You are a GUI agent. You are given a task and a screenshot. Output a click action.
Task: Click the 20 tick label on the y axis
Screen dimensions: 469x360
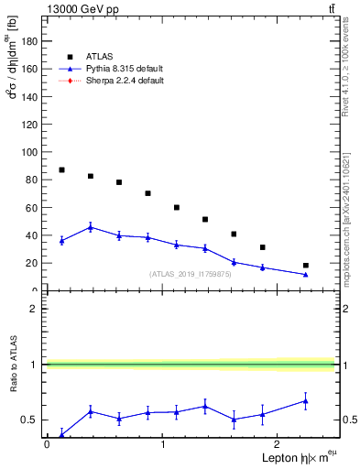click(31, 263)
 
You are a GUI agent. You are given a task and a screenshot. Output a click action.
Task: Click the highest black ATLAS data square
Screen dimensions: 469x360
click(61, 169)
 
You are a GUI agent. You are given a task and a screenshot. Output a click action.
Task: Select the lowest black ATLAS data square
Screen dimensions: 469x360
click(306, 266)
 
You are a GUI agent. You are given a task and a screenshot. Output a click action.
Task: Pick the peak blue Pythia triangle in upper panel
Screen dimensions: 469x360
click(90, 227)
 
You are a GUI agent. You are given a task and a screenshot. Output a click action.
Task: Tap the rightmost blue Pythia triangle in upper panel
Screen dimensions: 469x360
click(306, 274)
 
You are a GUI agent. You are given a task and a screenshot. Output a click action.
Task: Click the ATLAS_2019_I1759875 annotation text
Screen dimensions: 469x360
click(191, 274)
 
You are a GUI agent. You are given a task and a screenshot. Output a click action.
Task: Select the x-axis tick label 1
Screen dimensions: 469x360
click(162, 445)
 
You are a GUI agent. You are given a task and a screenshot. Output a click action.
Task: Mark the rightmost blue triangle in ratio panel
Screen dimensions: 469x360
click(306, 400)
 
